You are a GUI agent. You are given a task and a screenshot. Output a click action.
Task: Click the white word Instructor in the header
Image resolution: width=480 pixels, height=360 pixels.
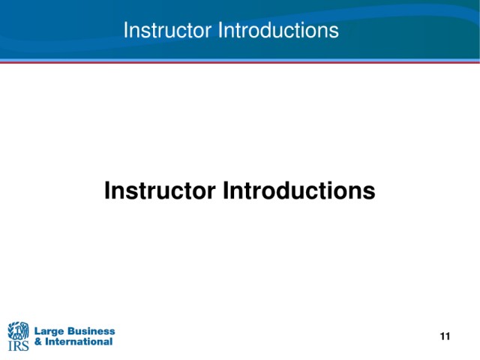[x=167, y=30]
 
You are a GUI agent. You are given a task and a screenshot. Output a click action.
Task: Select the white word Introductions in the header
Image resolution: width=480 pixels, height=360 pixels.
[x=278, y=30]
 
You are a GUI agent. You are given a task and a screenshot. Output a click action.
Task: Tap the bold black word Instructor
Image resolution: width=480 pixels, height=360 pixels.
[x=160, y=190]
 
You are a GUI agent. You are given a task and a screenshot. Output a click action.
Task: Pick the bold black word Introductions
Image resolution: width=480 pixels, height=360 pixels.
[x=299, y=190]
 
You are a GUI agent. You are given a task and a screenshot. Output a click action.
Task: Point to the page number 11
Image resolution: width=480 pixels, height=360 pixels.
[x=445, y=337]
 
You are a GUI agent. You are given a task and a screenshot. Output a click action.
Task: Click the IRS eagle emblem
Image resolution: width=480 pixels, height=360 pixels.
[x=18, y=331]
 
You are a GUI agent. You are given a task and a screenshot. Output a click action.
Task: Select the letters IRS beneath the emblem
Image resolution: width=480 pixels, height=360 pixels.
[x=18, y=346]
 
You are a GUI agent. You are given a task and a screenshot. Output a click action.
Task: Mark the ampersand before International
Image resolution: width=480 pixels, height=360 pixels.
[x=38, y=342]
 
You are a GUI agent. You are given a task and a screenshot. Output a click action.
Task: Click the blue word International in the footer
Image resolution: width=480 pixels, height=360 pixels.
[x=79, y=342]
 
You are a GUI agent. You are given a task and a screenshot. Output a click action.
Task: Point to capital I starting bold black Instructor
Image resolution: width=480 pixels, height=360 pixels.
[x=106, y=190]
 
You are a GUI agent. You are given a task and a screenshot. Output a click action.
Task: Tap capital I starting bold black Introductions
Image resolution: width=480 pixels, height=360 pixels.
[x=226, y=190]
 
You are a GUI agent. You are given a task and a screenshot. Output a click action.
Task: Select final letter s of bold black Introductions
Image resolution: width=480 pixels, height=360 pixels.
[x=370, y=193]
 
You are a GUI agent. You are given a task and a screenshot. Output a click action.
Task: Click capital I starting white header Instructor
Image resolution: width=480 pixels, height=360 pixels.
[x=125, y=30]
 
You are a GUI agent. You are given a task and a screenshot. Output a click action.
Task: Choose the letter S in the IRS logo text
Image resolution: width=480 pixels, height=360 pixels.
[x=25, y=346]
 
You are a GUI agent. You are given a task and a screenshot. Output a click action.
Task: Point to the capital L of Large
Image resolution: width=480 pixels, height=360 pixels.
[x=37, y=331]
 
